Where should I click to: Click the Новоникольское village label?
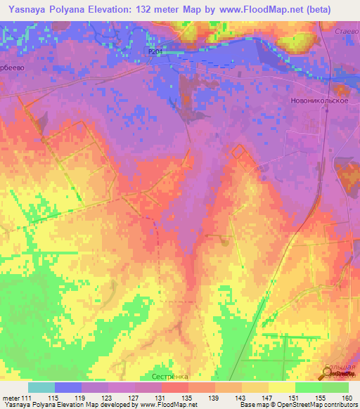pyautogui.click(x=319, y=100)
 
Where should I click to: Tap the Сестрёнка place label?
pyautogui.click(x=169, y=376)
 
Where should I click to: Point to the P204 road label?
pyautogui.click(x=155, y=51)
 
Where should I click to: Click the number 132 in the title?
pyautogui.click(x=150, y=9)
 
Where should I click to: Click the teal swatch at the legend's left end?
pyautogui.click(x=41, y=387)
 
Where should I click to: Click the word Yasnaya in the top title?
pyautogui.click(x=27, y=9)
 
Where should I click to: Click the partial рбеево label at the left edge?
pyautogui.click(x=13, y=58)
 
